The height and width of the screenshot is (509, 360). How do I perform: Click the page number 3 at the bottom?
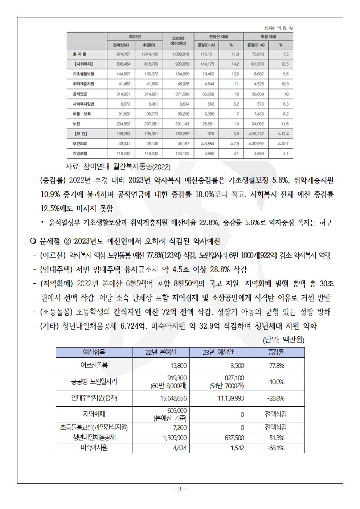point(179,489)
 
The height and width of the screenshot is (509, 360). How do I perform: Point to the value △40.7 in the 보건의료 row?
point(281,144)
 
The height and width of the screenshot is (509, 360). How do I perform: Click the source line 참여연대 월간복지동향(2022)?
point(118,167)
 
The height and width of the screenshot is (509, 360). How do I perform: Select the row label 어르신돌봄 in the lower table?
point(94,366)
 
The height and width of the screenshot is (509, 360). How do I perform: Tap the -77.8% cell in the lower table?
point(275,366)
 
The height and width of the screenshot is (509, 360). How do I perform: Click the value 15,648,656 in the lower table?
point(173,398)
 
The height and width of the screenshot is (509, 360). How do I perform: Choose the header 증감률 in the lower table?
point(275,352)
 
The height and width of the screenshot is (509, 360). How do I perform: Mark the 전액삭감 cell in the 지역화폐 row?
point(275,414)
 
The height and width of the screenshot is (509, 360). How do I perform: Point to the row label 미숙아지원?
point(94,448)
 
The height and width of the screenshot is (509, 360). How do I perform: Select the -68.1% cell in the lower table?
point(275,448)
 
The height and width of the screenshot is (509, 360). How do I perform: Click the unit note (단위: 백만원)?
point(283,340)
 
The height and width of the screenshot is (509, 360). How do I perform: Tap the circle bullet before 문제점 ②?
point(32,241)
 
